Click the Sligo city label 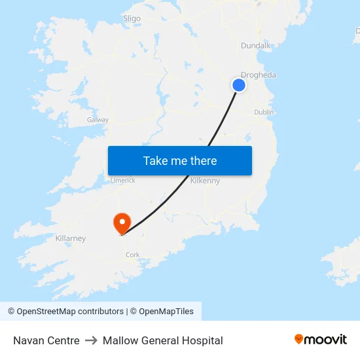132,18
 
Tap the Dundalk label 255,45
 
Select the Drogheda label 259,75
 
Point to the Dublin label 264,112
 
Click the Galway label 98,120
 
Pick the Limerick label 122,180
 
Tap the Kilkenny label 205,181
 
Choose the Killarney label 71,238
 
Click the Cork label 133,255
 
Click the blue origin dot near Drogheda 239,85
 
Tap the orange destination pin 122,223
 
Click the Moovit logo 321,340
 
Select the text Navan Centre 46,340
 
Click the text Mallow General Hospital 162,340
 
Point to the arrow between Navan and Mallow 91,340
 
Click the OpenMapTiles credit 166,312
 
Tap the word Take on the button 155,161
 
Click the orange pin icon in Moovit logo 299,339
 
